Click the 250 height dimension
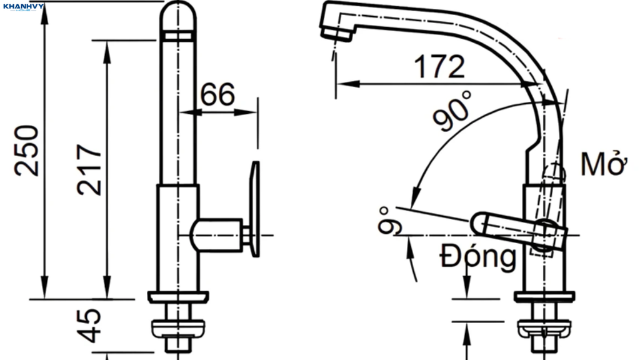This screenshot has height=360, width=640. click(26, 150)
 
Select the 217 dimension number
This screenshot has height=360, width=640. click(89, 169)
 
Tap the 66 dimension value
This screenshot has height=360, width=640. click(217, 94)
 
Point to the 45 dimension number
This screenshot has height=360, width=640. click(89, 325)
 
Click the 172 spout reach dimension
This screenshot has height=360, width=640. click(439, 67)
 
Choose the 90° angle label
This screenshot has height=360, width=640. click(452, 111)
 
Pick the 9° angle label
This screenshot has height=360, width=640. click(389, 221)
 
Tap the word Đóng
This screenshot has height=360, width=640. click(478, 257)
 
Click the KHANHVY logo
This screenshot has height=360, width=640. click(23, 6)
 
